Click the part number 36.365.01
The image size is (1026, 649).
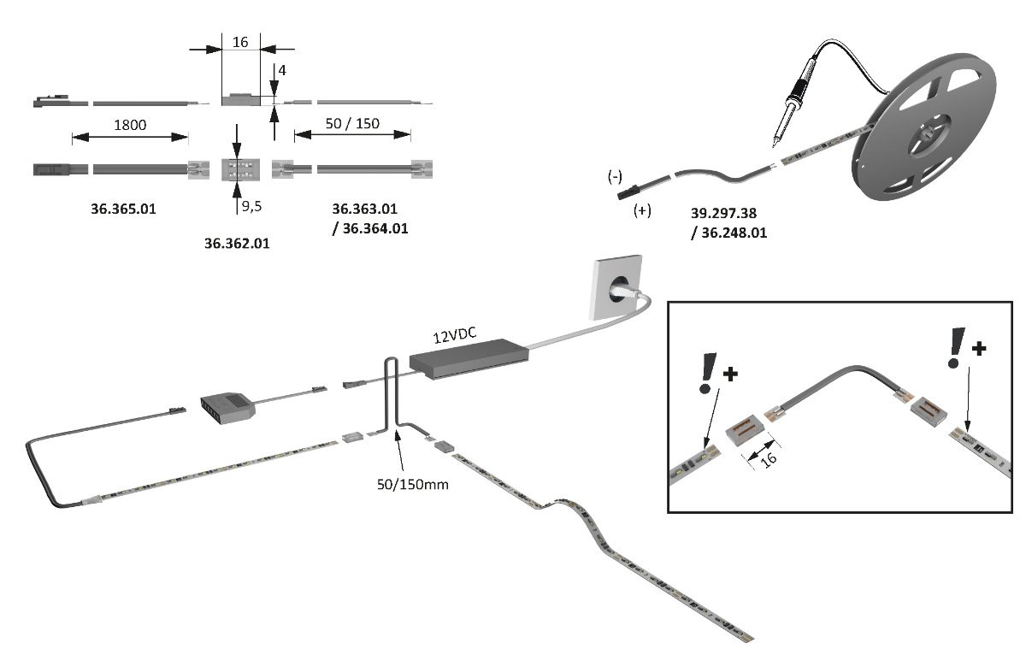click(123, 208)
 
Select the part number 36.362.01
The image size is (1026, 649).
click(237, 244)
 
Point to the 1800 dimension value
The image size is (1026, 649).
click(130, 125)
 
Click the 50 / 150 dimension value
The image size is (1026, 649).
click(352, 124)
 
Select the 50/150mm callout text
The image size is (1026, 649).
click(413, 484)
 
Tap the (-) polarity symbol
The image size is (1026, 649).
click(615, 177)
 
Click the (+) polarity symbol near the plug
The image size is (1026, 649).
click(641, 211)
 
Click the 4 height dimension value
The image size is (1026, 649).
click(281, 70)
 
